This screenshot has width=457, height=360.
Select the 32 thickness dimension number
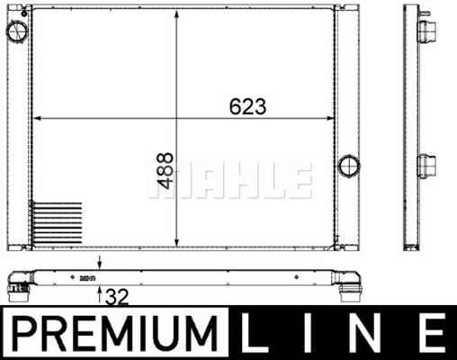(x=117, y=294)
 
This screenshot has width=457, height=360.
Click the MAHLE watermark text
(x=230, y=181)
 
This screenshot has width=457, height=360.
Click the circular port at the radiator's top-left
(x=16, y=32)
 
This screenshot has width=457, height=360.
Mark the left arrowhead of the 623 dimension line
(x=37, y=119)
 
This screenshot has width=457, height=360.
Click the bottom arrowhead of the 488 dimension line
(x=175, y=242)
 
